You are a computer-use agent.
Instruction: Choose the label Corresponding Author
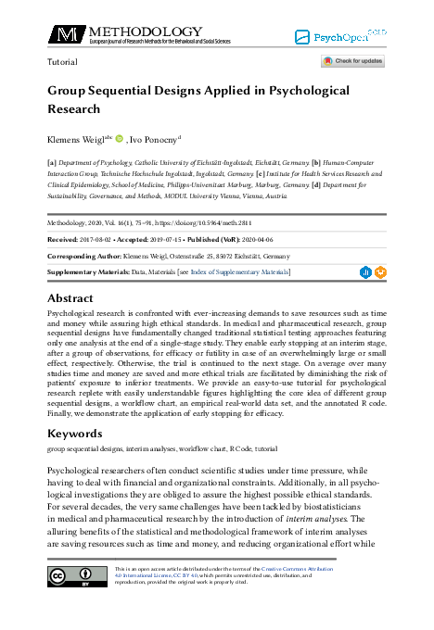tap(88, 256)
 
